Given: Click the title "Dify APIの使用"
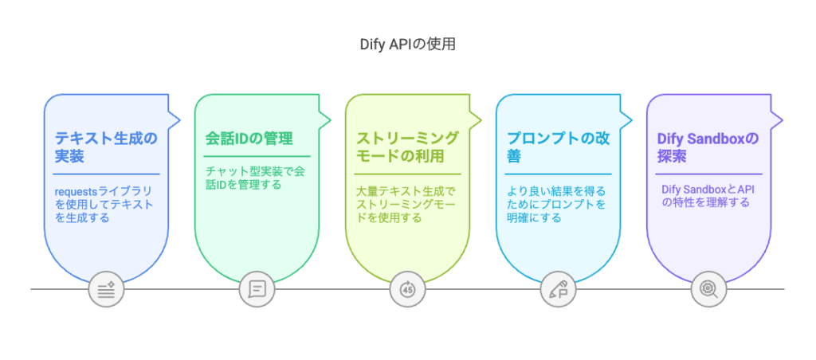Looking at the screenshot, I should tap(407, 45).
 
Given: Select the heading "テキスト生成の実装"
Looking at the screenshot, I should tap(105, 147).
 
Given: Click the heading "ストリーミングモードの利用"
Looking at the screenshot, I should tap(407, 147).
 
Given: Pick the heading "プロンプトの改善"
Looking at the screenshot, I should tap(558, 147).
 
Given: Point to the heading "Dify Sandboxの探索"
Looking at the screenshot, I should tap(708, 147).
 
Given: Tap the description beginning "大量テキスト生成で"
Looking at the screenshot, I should tap(406, 204).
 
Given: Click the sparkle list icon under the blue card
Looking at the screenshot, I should tap(106, 289).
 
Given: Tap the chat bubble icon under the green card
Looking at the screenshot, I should tap(257, 289).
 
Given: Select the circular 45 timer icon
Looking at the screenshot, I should tap(407, 289).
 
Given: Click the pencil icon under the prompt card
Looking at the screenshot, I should tap(557, 289).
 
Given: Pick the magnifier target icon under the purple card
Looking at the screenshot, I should tap(708, 289).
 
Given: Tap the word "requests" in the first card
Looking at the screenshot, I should tap(74, 192).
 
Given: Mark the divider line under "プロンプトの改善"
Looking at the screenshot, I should tap(558, 174).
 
